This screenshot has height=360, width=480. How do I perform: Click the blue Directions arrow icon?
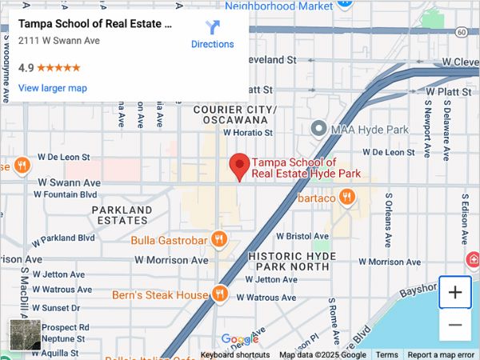click(x=213, y=27)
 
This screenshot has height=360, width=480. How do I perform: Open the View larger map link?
click(x=53, y=88)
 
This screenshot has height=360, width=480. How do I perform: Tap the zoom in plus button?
click(x=455, y=292)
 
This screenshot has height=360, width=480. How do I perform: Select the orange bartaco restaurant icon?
click(x=346, y=197)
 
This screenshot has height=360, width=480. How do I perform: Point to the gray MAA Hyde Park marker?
click(x=318, y=128)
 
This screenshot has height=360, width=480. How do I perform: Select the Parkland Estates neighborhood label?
click(x=122, y=215)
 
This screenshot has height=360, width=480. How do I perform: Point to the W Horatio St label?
click(x=249, y=133)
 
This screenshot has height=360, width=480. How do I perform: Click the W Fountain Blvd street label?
click(x=67, y=194)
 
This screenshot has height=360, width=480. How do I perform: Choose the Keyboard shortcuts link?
click(x=235, y=354)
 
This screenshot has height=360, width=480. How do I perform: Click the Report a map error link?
click(x=442, y=354)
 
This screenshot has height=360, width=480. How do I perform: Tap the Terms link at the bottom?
click(x=387, y=354)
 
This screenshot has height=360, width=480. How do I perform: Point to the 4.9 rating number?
click(x=26, y=68)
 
